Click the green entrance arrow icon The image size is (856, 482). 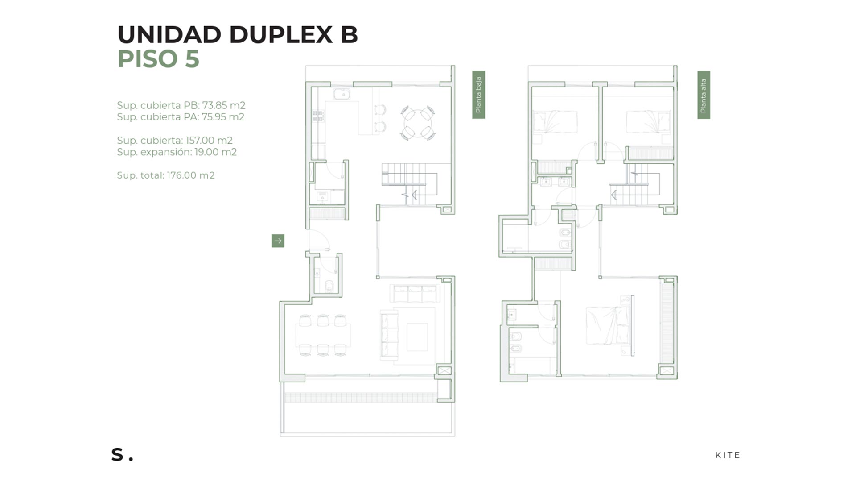click(278, 241)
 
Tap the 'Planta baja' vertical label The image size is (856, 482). click(478, 95)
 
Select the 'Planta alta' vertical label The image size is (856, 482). click(704, 95)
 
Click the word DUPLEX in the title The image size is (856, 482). click(281, 34)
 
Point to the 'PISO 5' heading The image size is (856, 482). click(158, 58)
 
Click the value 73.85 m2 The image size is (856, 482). click(224, 105)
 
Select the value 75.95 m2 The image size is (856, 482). click(223, 117)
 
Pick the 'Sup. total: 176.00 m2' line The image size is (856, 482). click(166, 175)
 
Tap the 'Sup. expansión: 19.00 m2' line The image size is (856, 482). click(177, 152)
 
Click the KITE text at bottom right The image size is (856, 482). click(728, 455)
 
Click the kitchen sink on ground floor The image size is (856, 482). click(342, 94)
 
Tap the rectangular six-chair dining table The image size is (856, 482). click(323, 335)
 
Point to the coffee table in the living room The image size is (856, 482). click(417, 337)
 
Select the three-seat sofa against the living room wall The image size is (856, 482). click(415, 294)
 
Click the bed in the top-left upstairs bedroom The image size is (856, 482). click(556, 122)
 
